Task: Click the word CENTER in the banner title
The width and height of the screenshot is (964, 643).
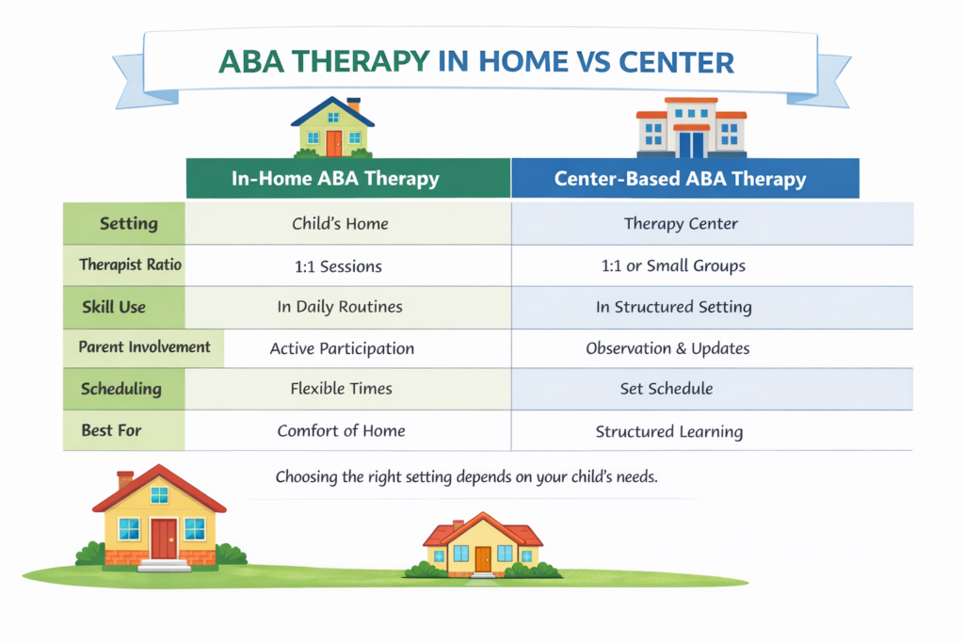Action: [x=676, y=62]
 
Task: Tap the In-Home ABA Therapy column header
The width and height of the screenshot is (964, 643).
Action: [x=348, y=178]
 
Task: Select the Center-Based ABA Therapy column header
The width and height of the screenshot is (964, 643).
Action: [x=685, y=178]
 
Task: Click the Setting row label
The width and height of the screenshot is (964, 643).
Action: [x=128, y=223]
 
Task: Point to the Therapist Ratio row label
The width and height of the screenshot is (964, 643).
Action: [x=130, y=265]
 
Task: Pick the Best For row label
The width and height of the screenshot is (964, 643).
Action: [x=111, y=430]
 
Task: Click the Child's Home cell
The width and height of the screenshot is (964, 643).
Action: [x=340, y=223]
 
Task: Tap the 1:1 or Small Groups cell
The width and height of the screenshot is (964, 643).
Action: [x=673, y=265]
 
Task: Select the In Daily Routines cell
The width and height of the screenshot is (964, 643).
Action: [x=340, y=307]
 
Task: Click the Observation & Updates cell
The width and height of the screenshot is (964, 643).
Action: [x=667, y=348]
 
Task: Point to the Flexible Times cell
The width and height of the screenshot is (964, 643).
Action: [x=341, y=389]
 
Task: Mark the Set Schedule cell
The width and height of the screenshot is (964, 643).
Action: [x=667, y=389]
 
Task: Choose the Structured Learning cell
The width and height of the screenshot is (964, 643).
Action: [x=669, y=431]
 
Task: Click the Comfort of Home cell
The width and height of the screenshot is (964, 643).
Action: [x=341, y=430]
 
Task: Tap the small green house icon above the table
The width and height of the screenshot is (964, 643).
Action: [x=332, y=127]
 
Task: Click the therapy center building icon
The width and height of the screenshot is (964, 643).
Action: [x=692, y=127]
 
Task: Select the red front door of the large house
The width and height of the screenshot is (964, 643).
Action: [x=164, y=539]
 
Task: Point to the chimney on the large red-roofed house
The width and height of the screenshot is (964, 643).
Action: [x=125, y=479]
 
